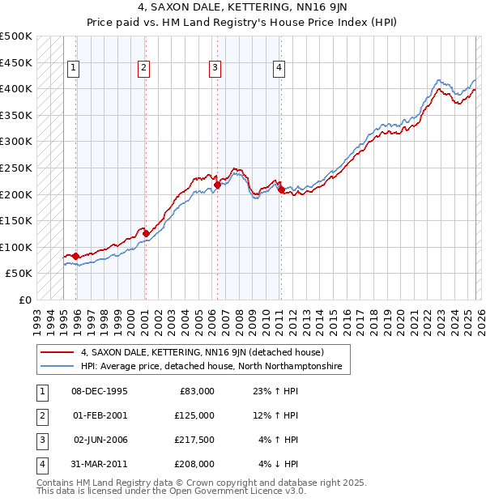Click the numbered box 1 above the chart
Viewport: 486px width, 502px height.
click(x=74, y=69)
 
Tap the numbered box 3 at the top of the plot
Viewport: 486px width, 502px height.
click(x=215, y=69)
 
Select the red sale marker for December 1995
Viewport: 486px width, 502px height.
click(x=76, y=256)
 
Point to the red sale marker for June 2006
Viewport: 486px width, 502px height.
click(x=217, y=185)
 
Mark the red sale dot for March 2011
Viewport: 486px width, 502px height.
click(x=281, y=190)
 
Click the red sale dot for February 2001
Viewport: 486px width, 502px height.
click(x=146, y=234)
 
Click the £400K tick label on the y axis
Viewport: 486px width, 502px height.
click(x=16, y=88)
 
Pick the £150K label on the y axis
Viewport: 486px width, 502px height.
click(x=16, y=220)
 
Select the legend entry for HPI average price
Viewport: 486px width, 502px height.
click(x=211, y=367)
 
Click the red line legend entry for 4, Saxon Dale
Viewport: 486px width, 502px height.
click(x=202, y=352)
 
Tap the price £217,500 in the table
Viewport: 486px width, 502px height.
click(x=195, y=440)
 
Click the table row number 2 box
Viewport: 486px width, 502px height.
click(x=40, y=415)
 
